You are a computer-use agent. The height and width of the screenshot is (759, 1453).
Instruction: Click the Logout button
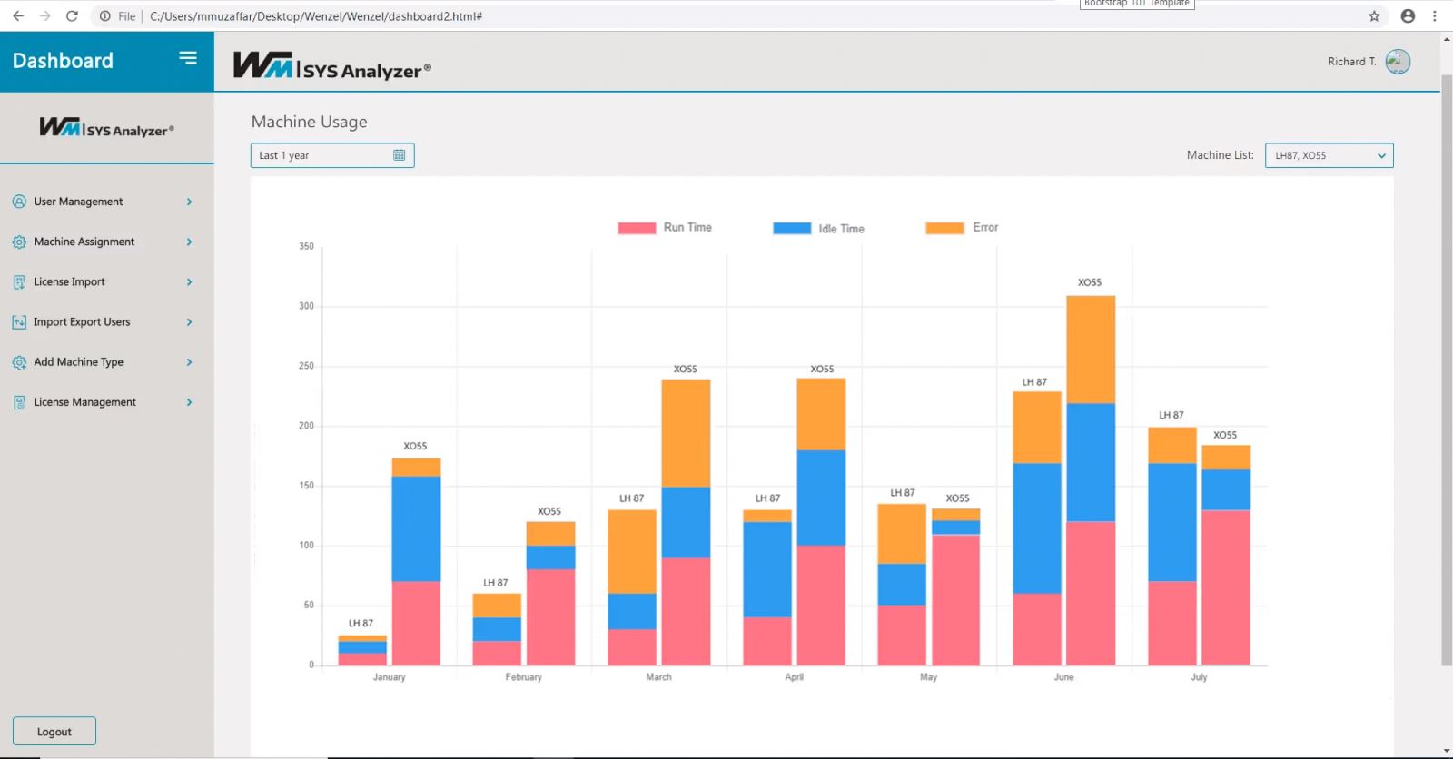[54, 732]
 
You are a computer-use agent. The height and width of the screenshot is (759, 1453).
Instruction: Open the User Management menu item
[78, 202]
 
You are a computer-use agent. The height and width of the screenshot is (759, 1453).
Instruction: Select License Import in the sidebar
[69, 281]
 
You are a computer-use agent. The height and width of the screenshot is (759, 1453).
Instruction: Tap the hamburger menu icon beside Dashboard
[188, 58]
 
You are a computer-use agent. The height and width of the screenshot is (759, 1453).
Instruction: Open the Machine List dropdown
[1329, 155]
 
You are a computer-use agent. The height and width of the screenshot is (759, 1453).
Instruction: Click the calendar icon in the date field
[399, 155]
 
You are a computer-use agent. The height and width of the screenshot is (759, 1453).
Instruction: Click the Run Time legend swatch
[637, 228]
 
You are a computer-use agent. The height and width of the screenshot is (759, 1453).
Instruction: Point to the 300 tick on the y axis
[306, 306]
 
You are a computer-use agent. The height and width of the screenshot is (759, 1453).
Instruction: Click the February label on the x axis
[523, 677]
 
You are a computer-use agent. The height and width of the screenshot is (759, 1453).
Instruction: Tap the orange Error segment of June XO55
[1091, 350]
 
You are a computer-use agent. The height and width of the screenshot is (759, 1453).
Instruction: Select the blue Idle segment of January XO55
[416, 528]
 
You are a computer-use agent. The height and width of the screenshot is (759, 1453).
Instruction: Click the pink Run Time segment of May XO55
[955, 599]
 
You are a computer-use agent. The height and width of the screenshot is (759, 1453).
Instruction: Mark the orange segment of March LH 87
[632, 551]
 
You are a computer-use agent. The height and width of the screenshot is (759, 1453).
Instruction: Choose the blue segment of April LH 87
[767, 569]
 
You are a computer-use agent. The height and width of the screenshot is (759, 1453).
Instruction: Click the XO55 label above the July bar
[1225, 435]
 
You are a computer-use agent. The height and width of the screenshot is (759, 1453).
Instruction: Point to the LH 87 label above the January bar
[361, 624]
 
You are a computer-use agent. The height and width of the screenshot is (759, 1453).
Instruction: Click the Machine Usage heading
[310, 122]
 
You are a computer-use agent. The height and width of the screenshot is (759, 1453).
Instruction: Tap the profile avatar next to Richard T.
[1398, 62]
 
